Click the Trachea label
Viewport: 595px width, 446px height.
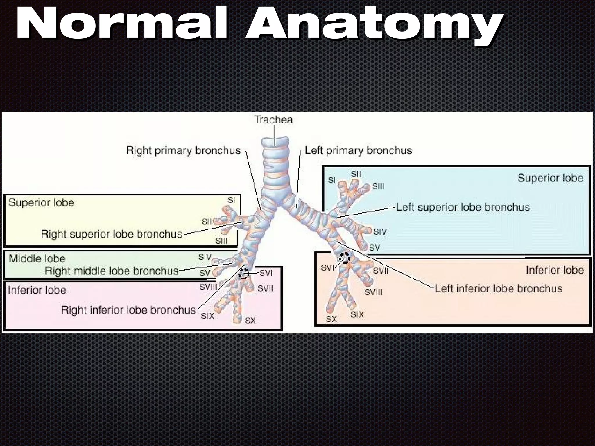[273, 120]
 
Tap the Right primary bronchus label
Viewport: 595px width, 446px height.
[183, 150]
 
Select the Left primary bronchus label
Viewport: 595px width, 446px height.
[358, 150]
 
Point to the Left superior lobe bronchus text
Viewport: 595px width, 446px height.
[463, 207]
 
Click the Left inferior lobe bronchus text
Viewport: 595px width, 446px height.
[498, 289]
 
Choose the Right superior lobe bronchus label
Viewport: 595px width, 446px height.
[112, 234]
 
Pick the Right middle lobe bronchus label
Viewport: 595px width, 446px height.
[112, 271]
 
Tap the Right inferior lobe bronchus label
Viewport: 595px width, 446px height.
[128, 310]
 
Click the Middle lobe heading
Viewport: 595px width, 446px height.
[37, 258]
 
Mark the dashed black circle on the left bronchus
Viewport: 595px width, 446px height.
[345, 258]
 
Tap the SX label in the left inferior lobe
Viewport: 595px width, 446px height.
[331, 319]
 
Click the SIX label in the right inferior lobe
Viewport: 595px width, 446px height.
[207, 316]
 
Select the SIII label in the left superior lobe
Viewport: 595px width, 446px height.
[378, 186]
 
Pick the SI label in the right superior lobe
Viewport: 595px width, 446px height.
[231, 200]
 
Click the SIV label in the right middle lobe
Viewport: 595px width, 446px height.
[205, 257]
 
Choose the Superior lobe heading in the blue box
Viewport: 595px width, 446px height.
[550, 178]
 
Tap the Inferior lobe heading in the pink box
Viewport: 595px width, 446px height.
[37, 290]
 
